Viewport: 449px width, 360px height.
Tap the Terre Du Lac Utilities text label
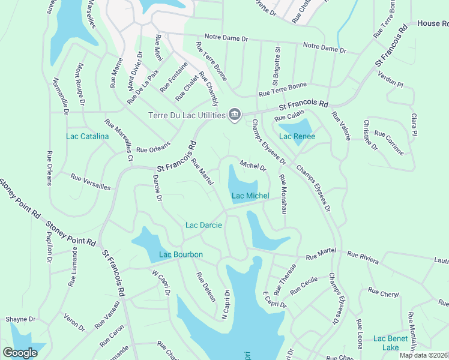[x=187, y=115]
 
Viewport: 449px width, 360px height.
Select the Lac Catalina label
[x=87, y=136]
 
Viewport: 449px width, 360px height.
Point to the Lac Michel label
[x=250, y=196]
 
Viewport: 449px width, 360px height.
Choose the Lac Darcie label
[x=203, y=225]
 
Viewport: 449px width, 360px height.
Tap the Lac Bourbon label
[x=181, y=254]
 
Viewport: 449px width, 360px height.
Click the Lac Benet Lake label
[x=390, y=343]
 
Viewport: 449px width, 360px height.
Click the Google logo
[x=20, y=353]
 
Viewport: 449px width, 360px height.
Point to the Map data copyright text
[x=424, y=355]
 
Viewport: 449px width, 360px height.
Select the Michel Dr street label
[x=253, y=165]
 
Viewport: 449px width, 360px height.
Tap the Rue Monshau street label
[x=282, y=194]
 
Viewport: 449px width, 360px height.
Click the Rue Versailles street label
[x=90, y=182]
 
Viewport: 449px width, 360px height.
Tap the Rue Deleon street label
[x=206, y=287]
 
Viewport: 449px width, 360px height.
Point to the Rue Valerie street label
[x=341, y=126]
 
